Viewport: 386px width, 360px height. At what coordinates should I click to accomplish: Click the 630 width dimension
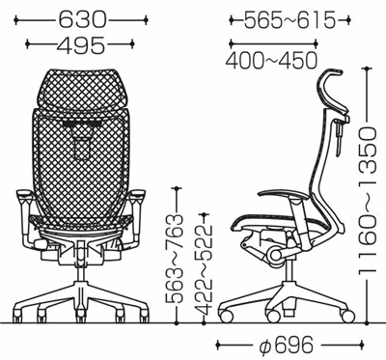(x=82, y=20)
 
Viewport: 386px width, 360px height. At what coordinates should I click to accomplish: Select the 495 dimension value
(x=80, y=44)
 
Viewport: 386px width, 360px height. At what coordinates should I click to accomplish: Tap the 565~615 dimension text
(x=289, y=20)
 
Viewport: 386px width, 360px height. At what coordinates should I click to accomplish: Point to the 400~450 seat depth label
(x=271, y=60)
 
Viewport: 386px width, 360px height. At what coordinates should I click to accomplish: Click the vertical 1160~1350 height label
(x=367, y=200)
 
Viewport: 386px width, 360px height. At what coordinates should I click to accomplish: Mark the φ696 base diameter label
(x=286, y=345)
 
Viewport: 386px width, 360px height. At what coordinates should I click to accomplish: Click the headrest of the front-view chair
(x=82, y=88)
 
